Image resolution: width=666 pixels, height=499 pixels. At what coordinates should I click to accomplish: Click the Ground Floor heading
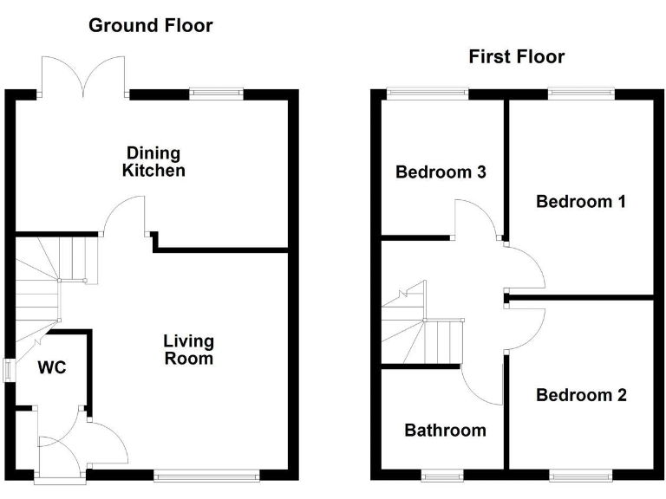[151, 25]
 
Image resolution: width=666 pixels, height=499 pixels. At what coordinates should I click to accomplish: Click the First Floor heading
[516, 57]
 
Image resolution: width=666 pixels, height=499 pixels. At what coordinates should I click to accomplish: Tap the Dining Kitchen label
[153, 162]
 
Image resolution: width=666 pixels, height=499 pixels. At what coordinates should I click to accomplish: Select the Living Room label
[189, 350]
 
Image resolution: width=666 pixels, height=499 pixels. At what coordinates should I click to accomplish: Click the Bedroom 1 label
[580, 202]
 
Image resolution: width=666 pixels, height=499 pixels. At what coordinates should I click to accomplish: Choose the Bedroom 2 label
[580, 396]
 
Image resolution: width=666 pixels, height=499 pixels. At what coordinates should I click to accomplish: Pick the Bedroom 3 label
[440, 172]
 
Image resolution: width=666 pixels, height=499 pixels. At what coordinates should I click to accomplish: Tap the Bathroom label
[445, 431]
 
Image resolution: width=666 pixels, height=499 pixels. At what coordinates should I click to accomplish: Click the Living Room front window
[206, 475]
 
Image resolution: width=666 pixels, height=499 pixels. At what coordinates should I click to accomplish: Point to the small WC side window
[10, 370]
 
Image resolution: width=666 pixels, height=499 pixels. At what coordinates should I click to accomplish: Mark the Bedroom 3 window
[427, 92]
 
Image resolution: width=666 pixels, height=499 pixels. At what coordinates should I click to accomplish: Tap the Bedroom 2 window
[581, 475]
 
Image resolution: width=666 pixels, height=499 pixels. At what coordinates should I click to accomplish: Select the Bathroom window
[442, 475]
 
